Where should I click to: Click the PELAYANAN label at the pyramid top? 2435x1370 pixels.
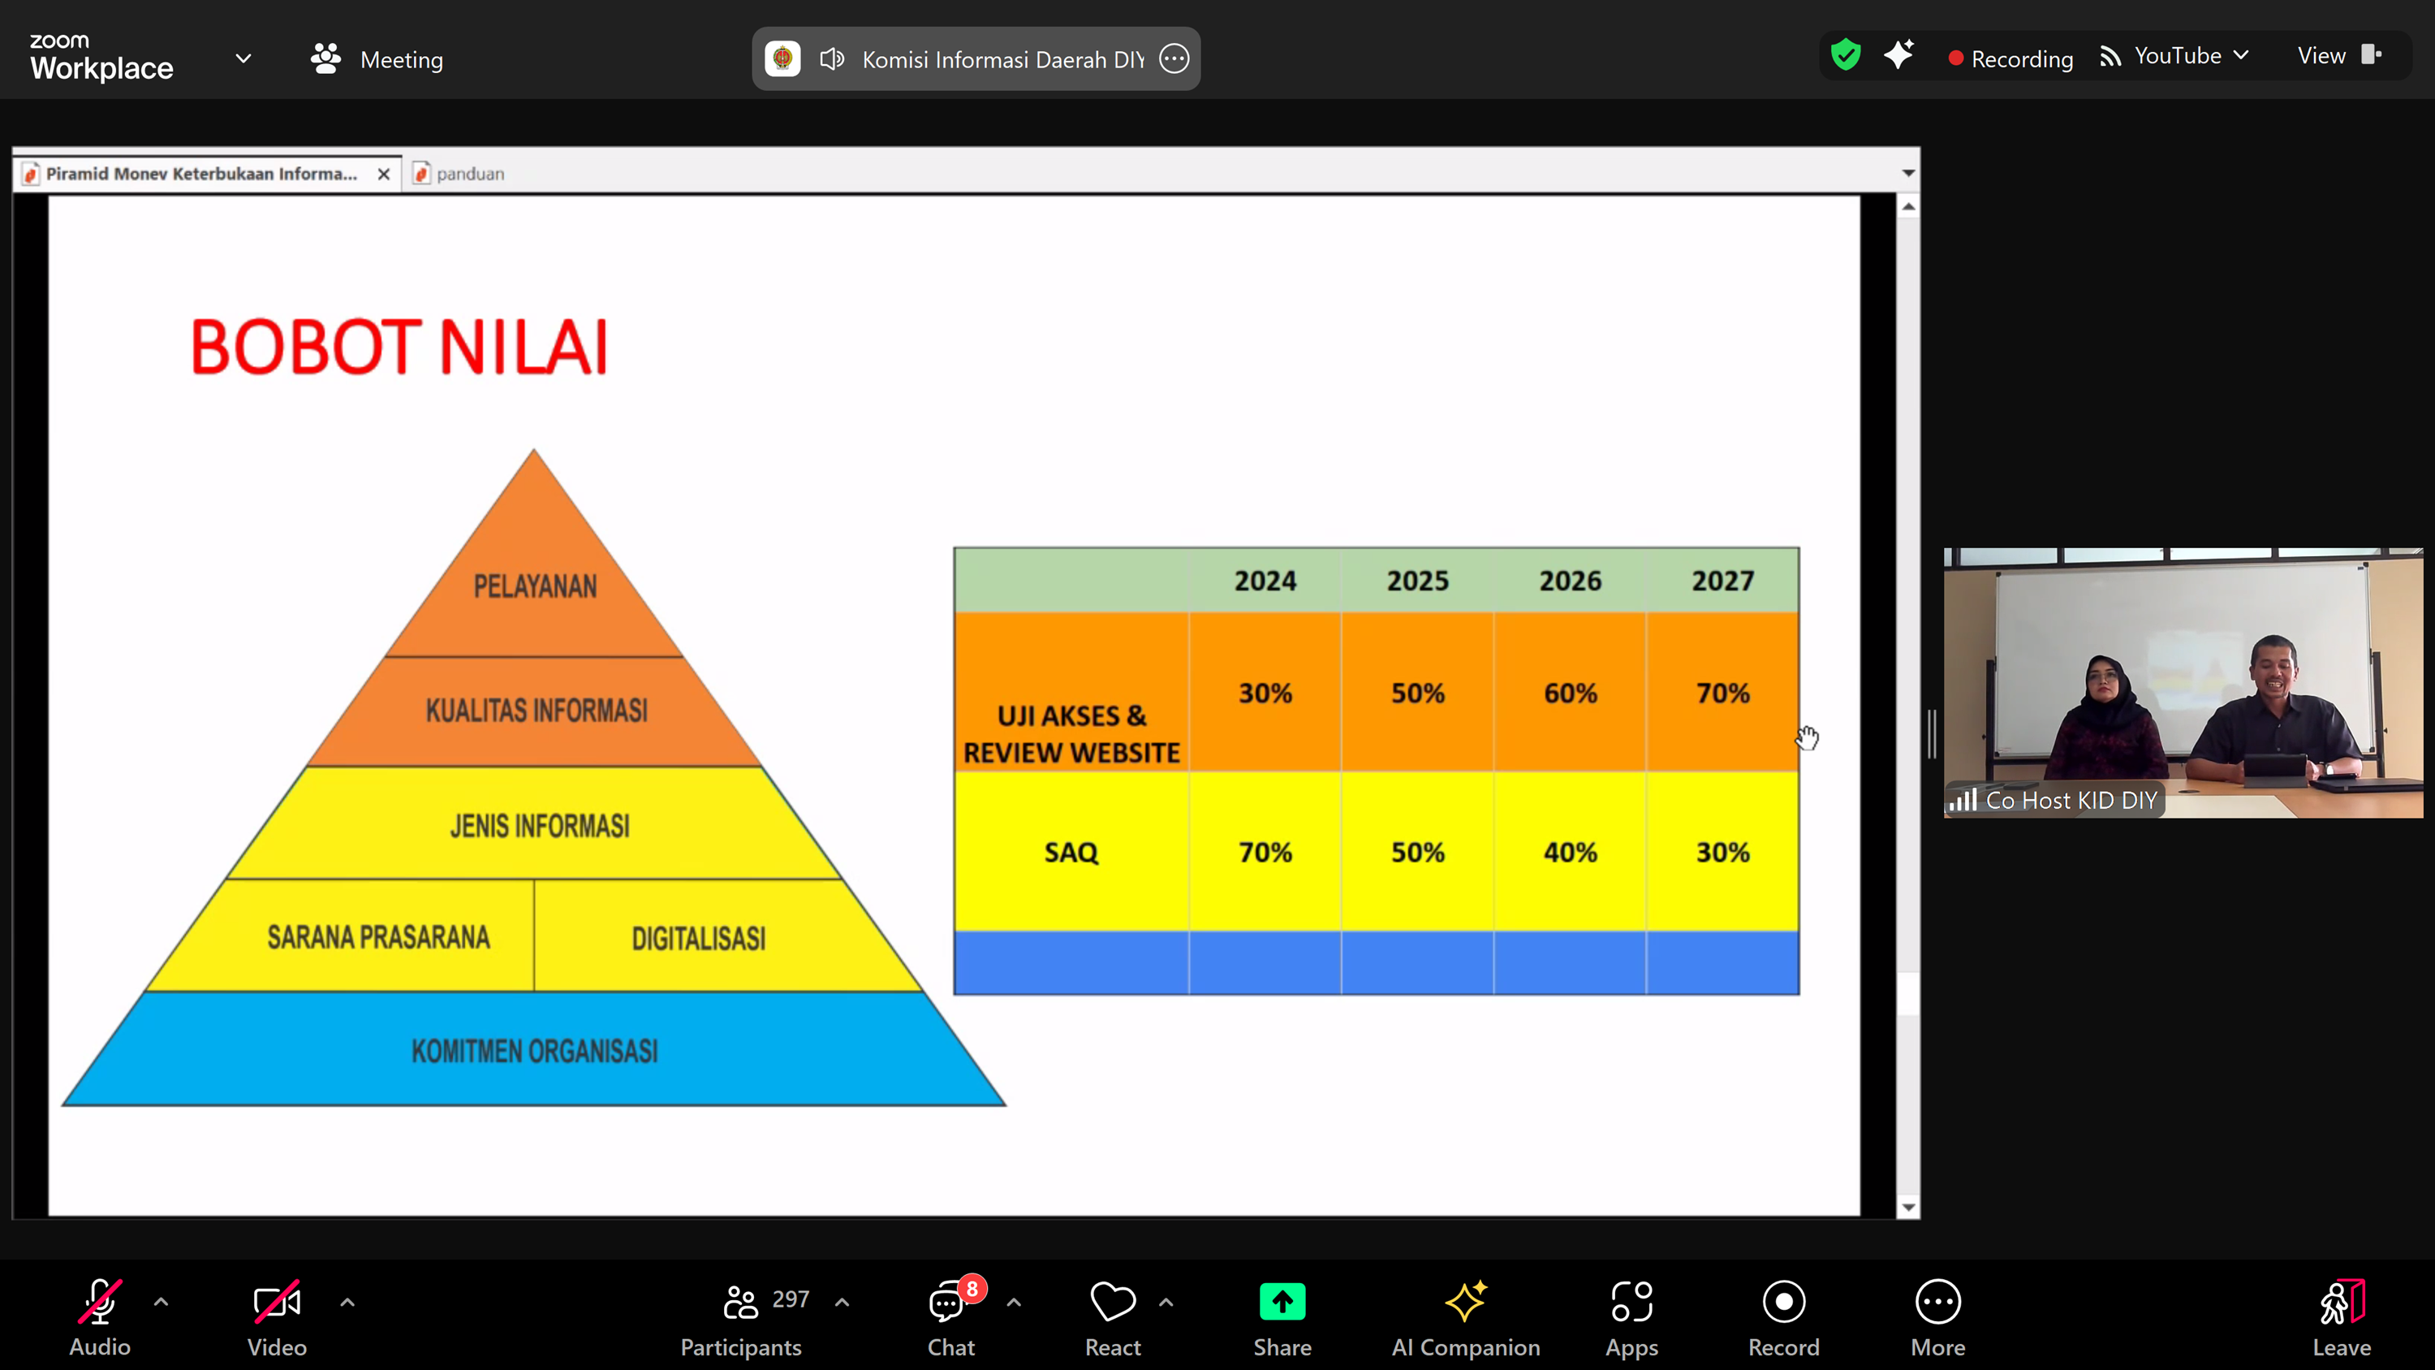pyautogui.click(x=535, y=586)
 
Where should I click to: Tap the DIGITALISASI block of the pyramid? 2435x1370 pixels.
pyautogui.click(x=699, y=938)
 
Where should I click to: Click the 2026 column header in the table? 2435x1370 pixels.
pyautogui.click(x=1570, y=581)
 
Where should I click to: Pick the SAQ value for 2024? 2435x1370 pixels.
pyautogui.click(x=1265, y=852)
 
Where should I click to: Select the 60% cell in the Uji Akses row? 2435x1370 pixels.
pyautogui.click(x=1570, y=693)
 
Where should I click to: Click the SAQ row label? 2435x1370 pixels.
pyautogui.click(x=1071, y=852)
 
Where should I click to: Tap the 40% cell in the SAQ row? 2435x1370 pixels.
pyautogui.click(x=1570, y=852)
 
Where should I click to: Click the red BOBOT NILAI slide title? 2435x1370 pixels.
pyautogui.click(x=399, y=347)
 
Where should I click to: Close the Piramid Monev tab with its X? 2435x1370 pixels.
pyautogui.click(x=384, y=174)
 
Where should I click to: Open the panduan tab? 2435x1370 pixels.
pyautogui.click(x=459, y=174)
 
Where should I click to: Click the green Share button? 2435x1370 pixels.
pyautogui.click(x=1282, y=1302)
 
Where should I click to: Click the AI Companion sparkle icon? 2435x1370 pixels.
pyautogui.click(x=1465, y=1301)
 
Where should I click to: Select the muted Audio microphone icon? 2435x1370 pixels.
pyautogui.click(x=99, y=1302)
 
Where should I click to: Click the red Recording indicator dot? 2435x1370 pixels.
pyautogui.click(x=1956, y=58)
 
